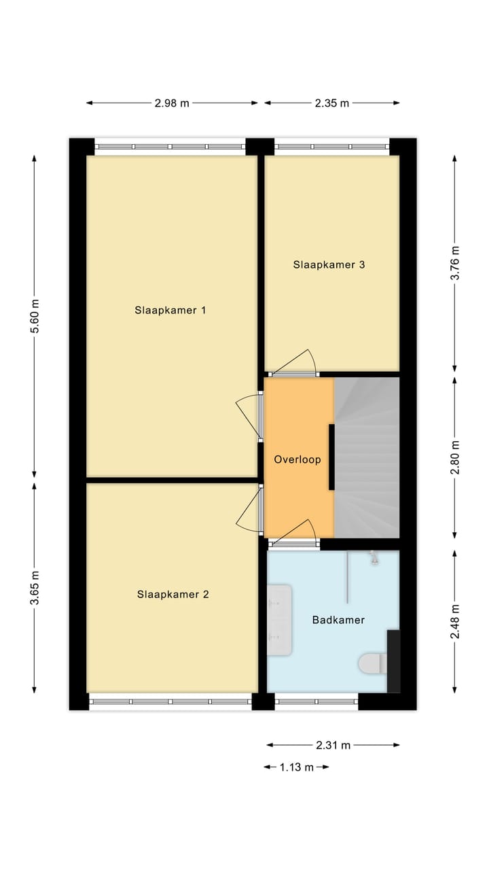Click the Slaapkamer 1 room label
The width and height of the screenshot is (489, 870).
point(170,311)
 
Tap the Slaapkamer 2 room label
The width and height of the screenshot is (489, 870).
point(173,595)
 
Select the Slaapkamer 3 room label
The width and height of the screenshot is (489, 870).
point(329,264)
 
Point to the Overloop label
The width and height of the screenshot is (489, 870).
point(297,459)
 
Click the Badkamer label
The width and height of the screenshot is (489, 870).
point(338,620)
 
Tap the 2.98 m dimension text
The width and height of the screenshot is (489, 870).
point(172,103)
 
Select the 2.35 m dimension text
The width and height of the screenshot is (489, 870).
point(331,103)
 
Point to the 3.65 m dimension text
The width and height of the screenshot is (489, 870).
point(35,588)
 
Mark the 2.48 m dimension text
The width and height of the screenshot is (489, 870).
point(455,621)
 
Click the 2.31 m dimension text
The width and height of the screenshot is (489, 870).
point(333,745)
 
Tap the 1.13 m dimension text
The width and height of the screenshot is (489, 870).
point(297,767)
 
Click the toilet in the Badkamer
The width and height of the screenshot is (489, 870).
point(372,663)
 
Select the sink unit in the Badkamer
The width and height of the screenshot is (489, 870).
point(279,620)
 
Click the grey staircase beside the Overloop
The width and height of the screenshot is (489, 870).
point(367,457)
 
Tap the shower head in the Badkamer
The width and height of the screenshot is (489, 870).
point(374,559)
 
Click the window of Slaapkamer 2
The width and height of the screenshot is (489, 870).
point(170,701)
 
